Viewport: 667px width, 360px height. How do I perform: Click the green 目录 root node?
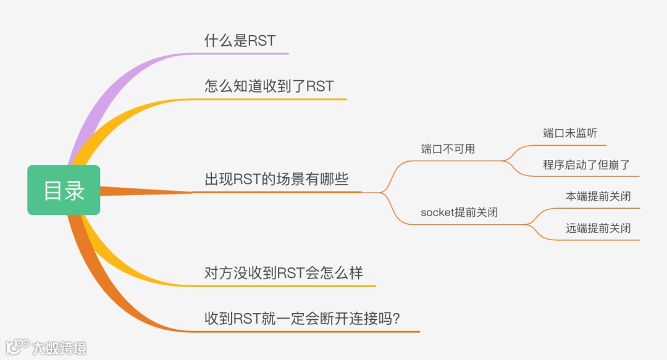tap(64, 190)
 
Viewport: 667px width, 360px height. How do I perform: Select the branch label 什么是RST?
tap(240, 41)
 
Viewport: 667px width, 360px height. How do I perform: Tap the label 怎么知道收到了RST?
tap(269, 86)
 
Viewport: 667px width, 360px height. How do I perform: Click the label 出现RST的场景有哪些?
tap(276, 180)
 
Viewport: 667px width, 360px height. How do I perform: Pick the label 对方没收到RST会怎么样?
tap(283, 273)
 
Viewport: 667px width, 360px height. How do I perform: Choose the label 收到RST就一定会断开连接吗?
tap(304, 319)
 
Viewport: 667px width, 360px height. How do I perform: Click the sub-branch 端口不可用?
tap(448, 149)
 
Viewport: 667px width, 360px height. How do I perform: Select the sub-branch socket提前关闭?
tap(459, 212)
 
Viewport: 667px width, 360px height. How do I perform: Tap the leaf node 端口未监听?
tap(570, 133)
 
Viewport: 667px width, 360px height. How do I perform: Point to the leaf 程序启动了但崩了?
tap(587, 164)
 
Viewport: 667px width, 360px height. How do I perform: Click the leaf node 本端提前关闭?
tap(598, 196)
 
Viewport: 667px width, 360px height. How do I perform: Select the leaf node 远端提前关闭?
tap(598, 228)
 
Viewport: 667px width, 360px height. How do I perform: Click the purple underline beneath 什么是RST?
tap(247, 54)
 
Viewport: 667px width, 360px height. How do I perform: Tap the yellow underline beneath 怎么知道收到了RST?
tap(278, 99)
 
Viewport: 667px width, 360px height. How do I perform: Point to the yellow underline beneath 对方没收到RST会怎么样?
tap(290, 286)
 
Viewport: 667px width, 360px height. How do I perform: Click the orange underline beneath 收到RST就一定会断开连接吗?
tap(309, 332)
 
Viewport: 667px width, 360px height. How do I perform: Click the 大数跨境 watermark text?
tap(59, 347)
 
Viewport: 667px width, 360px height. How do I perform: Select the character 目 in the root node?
tap(52, 190)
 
